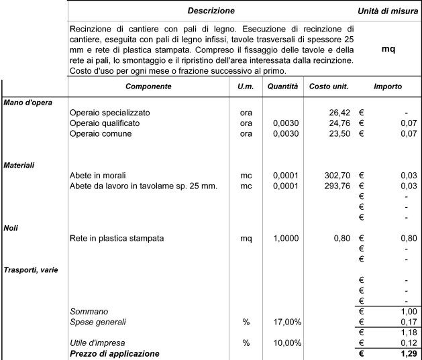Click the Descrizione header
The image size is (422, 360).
click(x=211, y=11)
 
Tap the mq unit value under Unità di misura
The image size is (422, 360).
click(x=388, y=49)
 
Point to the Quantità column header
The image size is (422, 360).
click(x=282, y=86)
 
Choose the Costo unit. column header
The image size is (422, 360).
click(x=327, y=86)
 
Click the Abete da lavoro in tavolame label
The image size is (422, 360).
click(x=144, y=186)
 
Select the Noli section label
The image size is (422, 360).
click(x=11, y=228)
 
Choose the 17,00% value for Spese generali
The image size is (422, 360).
click(x=284, y=322)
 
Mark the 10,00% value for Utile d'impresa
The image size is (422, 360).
click(x=284, y=343)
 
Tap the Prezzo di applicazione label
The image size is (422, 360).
click(x=115, y=353)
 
